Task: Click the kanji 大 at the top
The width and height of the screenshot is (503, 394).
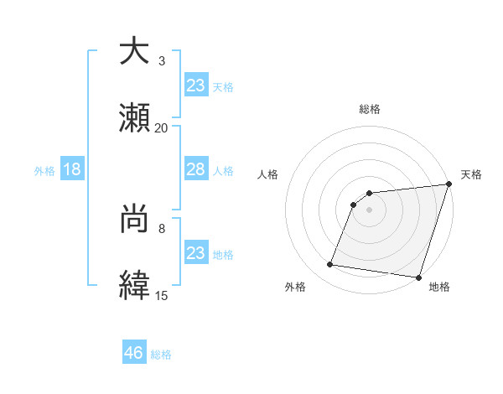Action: pos(135,52)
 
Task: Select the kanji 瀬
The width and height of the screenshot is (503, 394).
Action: pos(135,119)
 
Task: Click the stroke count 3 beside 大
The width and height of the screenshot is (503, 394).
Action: pos(162,61)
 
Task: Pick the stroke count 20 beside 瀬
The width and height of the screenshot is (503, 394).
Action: pos(161,127)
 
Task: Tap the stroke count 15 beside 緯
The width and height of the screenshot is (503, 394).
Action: pos(161,295)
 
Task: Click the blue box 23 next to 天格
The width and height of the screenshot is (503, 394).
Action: pos(195,85)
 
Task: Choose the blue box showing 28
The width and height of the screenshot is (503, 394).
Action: pos(195,169)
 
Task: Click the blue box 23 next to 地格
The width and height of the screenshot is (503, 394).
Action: pos(195,252)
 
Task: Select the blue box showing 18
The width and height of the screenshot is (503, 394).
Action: pos(72,169)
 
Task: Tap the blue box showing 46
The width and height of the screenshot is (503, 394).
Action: pos(134,353)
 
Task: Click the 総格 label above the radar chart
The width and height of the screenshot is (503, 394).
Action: pos(370,109)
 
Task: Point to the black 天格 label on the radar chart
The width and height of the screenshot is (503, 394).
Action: pos(471,174)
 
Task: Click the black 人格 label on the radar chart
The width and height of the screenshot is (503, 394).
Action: pos(268,174)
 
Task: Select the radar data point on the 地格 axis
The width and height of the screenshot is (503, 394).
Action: pos(417,277)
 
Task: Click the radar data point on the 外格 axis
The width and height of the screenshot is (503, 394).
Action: pos(329,265)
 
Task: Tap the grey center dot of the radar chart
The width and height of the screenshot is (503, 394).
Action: pos(370,210)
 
